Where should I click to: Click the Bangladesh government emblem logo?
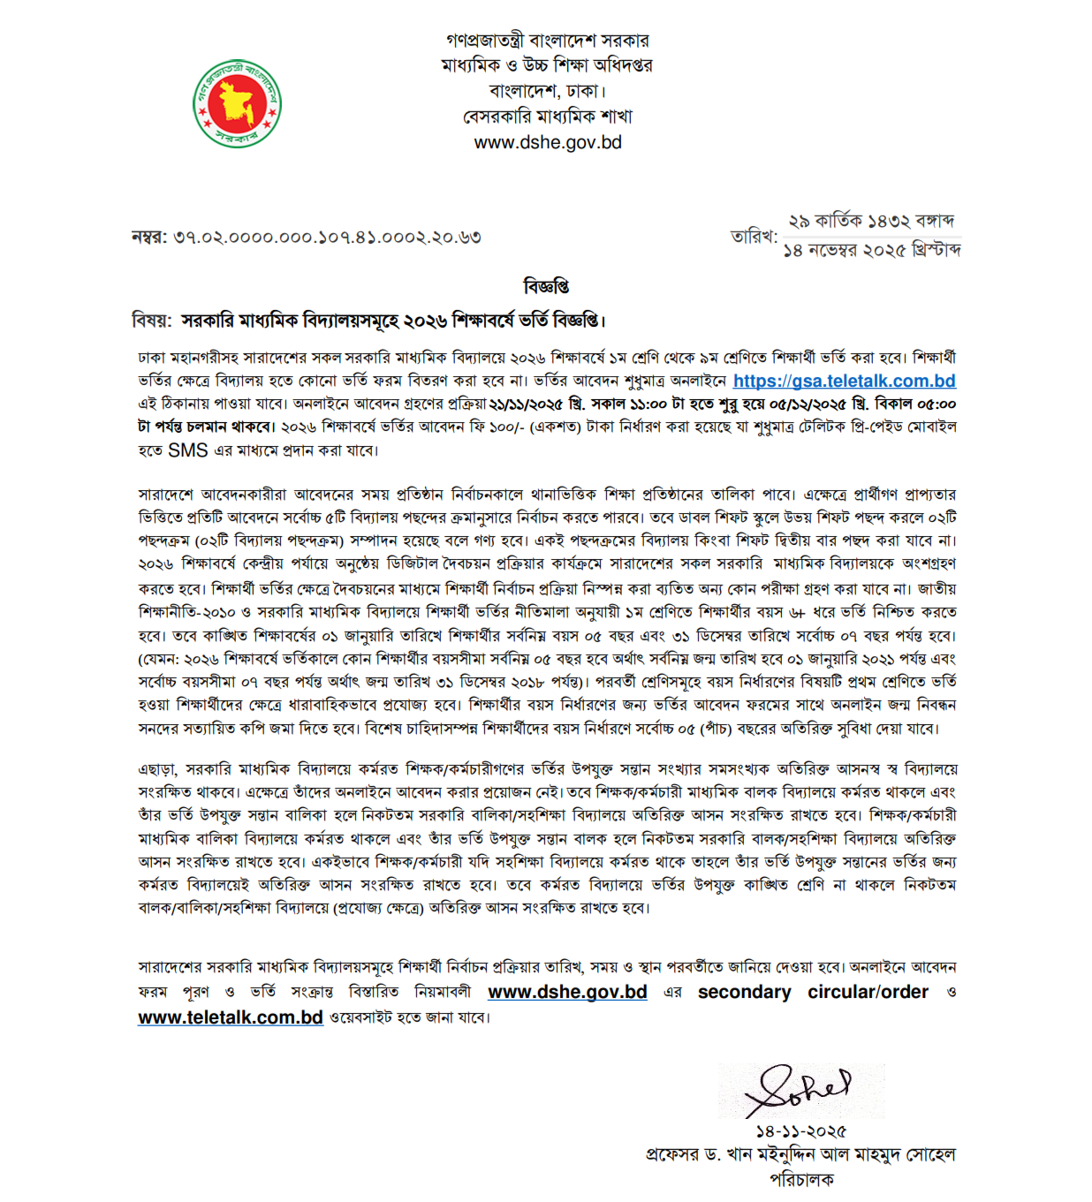pos(237,103)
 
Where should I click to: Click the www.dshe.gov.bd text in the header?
pos(548,142)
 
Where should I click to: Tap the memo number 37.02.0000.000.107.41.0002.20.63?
pos(327,237)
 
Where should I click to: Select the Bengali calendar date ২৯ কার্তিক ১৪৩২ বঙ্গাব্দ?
pos(870,221)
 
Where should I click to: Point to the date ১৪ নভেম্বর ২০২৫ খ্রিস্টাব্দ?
pos(872,250)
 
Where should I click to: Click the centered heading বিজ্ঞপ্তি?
pos(546,286)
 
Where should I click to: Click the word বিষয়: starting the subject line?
pos(151,321)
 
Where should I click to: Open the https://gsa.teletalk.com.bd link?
pos(844,381)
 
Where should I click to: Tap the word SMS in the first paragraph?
pos(187,450)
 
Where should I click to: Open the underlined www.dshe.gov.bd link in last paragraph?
pos(567,992)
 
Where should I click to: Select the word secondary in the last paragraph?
pos(744,992)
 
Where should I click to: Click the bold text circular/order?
pos(868,992)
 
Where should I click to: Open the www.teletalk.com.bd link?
pos(231,1017)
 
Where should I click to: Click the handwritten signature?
pos(800,1092)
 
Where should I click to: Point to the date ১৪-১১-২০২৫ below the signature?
pos(800,1131)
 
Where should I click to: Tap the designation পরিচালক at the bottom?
pos(800,1179)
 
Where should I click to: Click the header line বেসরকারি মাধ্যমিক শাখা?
pos(548,117)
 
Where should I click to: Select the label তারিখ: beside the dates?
pos(754,236)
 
